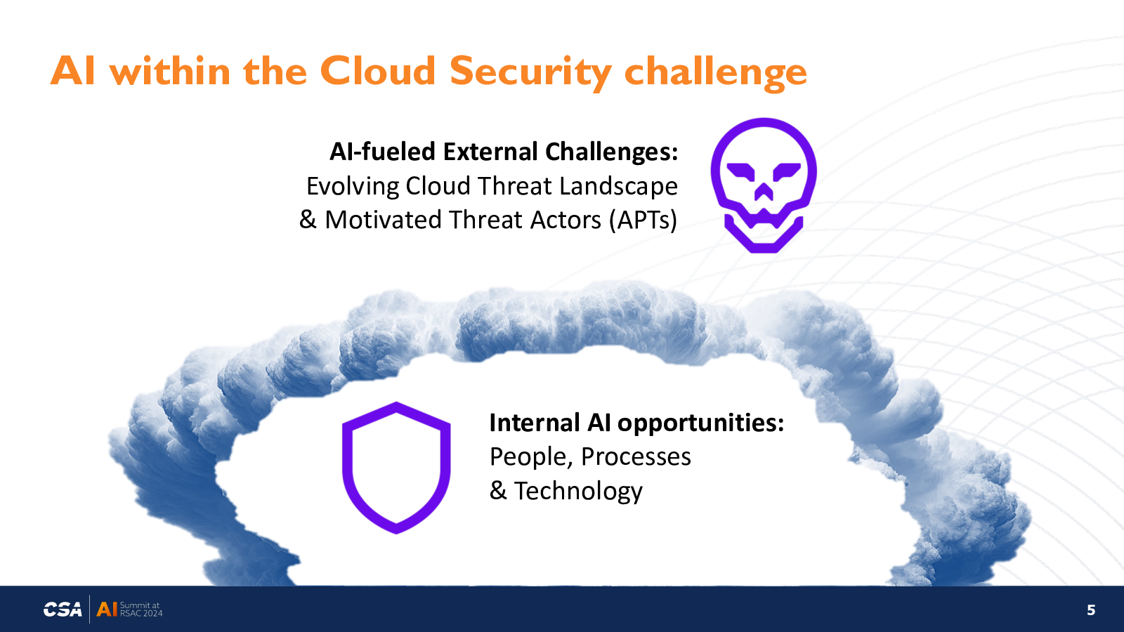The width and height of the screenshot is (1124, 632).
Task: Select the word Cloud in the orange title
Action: click(x=377, y=71)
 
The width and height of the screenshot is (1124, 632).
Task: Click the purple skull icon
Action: click(x=764, y=185)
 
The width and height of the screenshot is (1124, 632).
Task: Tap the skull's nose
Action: click(x=764, y=192)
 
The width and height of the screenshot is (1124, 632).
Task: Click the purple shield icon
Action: click(x=396, y=468)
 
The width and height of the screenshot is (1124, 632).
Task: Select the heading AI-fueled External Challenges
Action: click(x=503, y=152)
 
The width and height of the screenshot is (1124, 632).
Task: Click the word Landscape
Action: click(x=618, y=186)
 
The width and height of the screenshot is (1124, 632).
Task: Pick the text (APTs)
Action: click(x=643, y=220)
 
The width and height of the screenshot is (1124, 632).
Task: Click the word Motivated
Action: click(x=384, y=220)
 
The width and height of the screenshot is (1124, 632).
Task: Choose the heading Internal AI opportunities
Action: click(x=636, y=423)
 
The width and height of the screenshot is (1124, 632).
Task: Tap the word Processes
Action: click(x=636, y=456)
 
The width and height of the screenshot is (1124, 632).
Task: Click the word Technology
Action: click(x=578, y=491)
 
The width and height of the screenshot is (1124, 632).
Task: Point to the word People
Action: click(x=531, y=457)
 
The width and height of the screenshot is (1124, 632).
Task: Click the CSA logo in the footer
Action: click(x=63, y=610)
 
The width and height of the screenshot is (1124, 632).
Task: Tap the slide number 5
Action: click(x=1091, y=610)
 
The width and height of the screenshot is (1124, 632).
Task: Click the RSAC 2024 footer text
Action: click(x=141, y=613)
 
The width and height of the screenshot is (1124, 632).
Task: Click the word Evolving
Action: click(x=353, y=187)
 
